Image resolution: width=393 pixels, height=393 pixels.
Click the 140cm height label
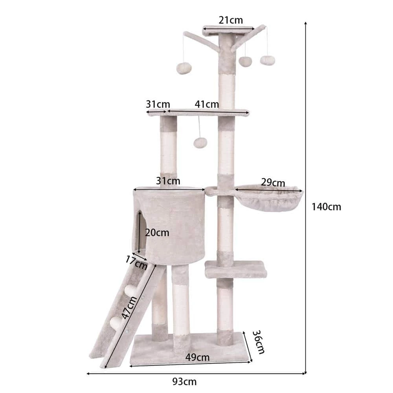[x=326, y=206]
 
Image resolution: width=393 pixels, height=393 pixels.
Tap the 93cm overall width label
[x=184, y=381]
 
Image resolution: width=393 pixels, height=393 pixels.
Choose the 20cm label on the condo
[x=157, y=232]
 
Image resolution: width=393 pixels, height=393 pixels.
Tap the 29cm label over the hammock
[x=273, y=183]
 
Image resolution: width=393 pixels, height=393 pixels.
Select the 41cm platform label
[x=207, y=104]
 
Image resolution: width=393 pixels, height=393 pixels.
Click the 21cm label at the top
[x=231, y=20]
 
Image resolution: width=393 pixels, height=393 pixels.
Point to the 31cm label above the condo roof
[x=168, y=181]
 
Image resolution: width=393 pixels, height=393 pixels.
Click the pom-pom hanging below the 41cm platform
[x=200, y=142]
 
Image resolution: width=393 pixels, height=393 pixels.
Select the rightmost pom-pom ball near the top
[x=267, y=60]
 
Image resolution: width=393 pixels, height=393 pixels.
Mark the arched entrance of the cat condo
[x=140, y=232]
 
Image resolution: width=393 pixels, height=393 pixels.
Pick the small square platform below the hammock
[x=236, y=269]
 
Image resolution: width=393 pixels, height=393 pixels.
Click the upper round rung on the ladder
[x=129, y=291]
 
